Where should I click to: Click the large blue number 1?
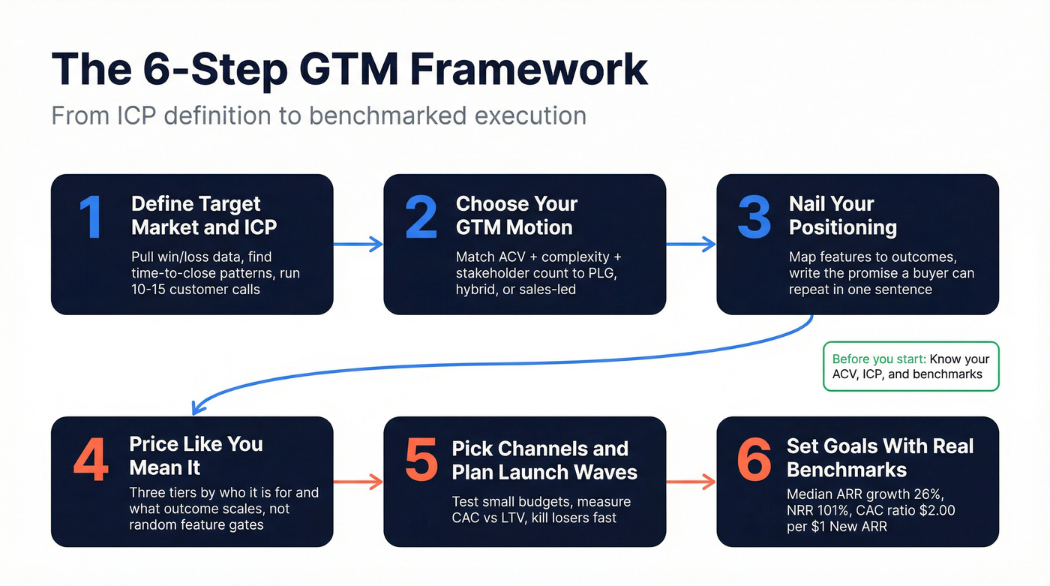click(x=91, y=217)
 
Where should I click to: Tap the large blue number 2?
click(x=421, y=217)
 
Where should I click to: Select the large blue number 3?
click(x=754, y=217)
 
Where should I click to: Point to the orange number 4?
click(x=91, y=459)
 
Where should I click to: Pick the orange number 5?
click(x=421, y=459)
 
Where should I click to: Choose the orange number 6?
click(x=754, y=459)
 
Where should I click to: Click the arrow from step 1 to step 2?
click(x=358, y=244)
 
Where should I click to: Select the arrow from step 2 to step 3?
click(x=691, y=244)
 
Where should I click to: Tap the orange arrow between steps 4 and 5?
click(x=358, y=482)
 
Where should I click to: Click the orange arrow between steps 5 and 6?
click(x=691, y=482)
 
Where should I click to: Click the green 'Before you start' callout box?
click(x=910, y=366)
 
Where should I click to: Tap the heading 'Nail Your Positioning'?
click(x=842, y=215)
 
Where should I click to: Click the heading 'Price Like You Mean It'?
click(x=196, y=455)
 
